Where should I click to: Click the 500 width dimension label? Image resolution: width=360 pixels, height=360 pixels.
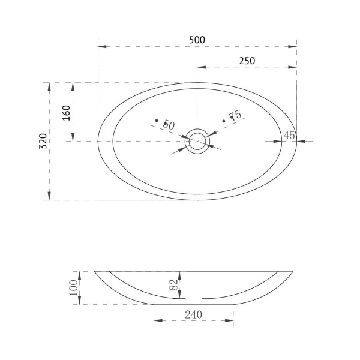coord(197,40)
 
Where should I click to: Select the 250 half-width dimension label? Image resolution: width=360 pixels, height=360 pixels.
coord(247,61)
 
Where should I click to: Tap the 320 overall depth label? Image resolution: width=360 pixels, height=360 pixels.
coord(43,141)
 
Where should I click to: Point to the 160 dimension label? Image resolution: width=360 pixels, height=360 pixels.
coord(66,113)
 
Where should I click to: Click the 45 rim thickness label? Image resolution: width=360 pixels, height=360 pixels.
coord(289,136)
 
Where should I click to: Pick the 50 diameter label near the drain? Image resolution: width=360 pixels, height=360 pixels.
coord(169,125)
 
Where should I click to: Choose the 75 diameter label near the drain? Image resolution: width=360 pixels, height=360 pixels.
coord(236,115)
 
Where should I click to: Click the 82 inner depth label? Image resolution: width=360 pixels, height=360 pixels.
coord(174,284)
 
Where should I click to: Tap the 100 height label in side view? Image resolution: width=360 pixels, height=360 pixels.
coord(74,288)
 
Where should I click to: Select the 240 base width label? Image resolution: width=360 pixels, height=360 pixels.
coord(194,314)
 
